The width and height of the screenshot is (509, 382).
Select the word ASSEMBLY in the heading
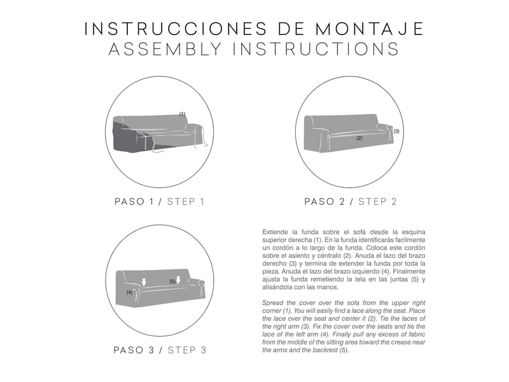pyautogui.click(x=165, y=49)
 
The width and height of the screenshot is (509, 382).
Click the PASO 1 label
pyautogui.click(x=134, y=202)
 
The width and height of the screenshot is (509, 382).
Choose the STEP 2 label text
pyautogui.click(x=377, y=202)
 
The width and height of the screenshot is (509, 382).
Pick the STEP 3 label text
pyautogui.click(x=187, y=350)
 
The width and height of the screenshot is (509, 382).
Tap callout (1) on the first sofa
pyautogui.click(x=183, y=114)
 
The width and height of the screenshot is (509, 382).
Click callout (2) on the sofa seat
pyautogui.click(x=359, y=138)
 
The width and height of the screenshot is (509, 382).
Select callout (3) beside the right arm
pyautogui.click(x=396, y=131)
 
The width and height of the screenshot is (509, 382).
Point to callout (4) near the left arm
pyautogui.click(x=129, y=292)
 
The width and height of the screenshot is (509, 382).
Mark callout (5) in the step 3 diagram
pyautogui.click(x=172, y=281)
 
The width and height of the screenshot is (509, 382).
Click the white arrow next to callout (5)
pyautogui.click(x=178, y=279)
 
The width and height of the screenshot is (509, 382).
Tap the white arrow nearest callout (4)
pyautogui.click(x=144, y=282)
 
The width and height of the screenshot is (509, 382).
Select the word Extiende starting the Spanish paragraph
pyautogui.click(x=275, y=232)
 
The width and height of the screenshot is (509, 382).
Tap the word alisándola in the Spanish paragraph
pyautogui.click(x=277, y=287)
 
